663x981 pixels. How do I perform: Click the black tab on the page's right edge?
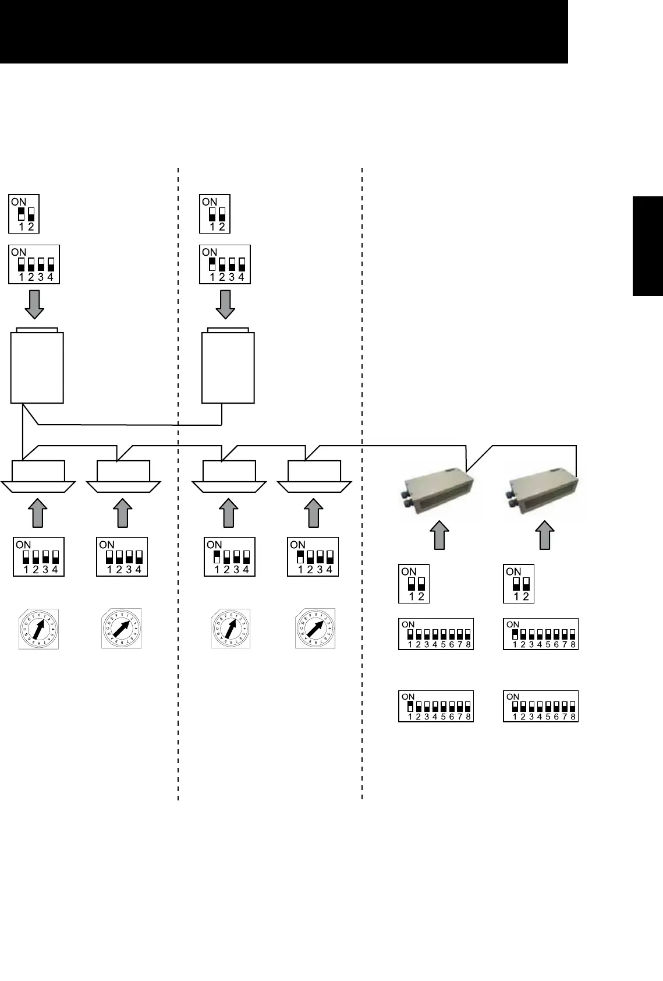[x=647, y=247]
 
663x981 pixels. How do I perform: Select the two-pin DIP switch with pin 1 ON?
[x=24, y=214]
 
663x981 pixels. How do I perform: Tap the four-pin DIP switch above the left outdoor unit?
[x=34, y=264]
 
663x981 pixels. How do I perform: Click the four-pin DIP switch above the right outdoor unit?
[x=225, y=264]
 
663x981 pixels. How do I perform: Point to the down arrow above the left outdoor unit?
[x=35, y=305]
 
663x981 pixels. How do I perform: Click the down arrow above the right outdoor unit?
[x=225, y=305]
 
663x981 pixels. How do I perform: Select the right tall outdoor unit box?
[x=228, y=366]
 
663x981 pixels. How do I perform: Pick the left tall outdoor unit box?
[x=37, y=366]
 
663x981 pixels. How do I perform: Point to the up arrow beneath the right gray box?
[x=544, y=535]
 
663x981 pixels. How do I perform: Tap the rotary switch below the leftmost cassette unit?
[x=38, y=629]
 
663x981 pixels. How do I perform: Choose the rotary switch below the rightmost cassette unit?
[x=315, y=629]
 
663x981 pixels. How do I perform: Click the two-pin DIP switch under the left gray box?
[x=414, y=584]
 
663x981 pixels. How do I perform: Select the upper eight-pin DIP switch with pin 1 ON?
[x=540, y=634]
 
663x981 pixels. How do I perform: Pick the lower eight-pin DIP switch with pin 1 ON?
[x=436, y=706]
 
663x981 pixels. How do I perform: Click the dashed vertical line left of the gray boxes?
[x=362, y=484]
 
